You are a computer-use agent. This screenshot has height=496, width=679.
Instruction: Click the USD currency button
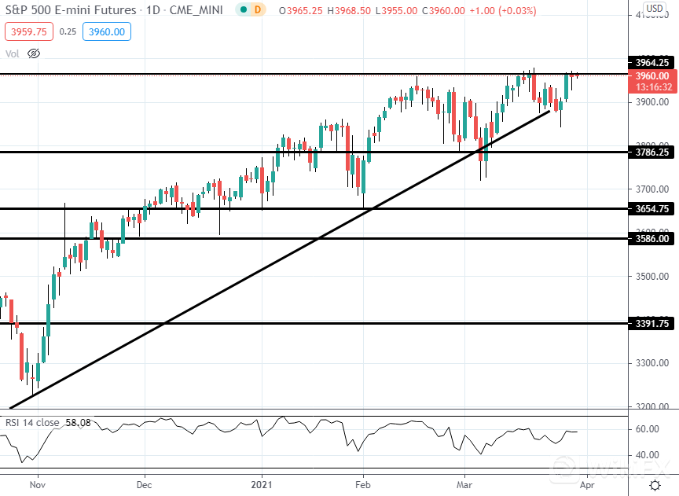654,9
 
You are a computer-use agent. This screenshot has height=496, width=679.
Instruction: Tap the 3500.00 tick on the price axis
652,277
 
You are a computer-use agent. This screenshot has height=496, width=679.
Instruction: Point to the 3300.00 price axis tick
652,363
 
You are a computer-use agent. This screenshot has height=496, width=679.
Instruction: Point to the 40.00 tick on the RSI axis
648,455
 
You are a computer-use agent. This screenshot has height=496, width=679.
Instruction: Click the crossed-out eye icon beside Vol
33,53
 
